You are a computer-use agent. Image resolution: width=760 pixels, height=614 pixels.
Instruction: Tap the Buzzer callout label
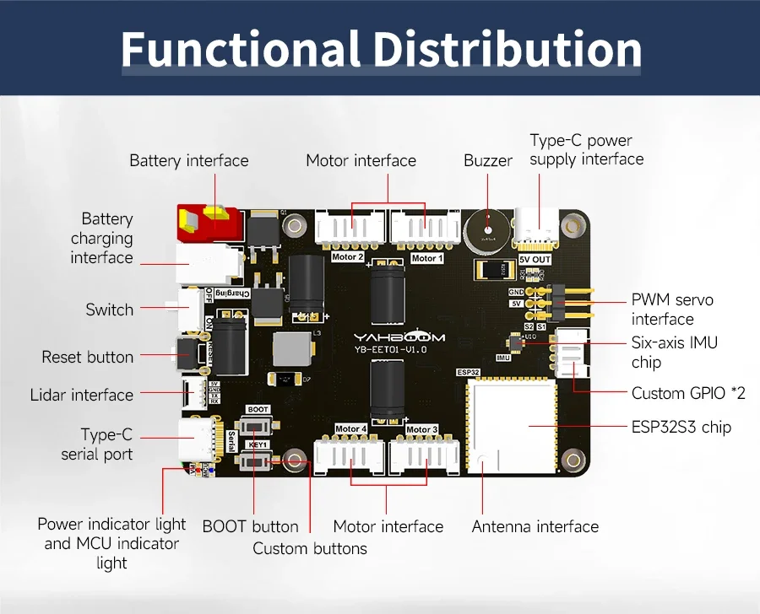click(487, 160)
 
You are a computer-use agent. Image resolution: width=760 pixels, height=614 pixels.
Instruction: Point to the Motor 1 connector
click(425, 228)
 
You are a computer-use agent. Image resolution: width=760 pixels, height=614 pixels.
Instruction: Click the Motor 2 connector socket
click(350, 228)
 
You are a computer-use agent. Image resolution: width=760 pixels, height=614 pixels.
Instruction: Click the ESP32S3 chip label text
click(681, 427)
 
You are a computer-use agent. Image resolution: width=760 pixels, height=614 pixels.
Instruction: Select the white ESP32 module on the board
click(511, 426)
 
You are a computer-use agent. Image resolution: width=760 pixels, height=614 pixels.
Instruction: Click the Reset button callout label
click(88, 357)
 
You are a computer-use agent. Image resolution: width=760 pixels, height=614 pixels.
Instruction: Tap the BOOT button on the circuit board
click(258, 426)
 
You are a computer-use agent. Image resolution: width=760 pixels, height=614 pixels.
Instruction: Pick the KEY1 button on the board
click(257, 460)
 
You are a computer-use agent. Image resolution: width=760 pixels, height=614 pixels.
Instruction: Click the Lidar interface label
click(82, 395)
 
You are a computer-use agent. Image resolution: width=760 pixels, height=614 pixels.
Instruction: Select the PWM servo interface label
click(672, 310)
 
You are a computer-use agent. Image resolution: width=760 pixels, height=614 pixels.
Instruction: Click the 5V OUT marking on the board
click(535, 260)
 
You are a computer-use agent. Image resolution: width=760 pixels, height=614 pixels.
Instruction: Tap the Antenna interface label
click(535, 527)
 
